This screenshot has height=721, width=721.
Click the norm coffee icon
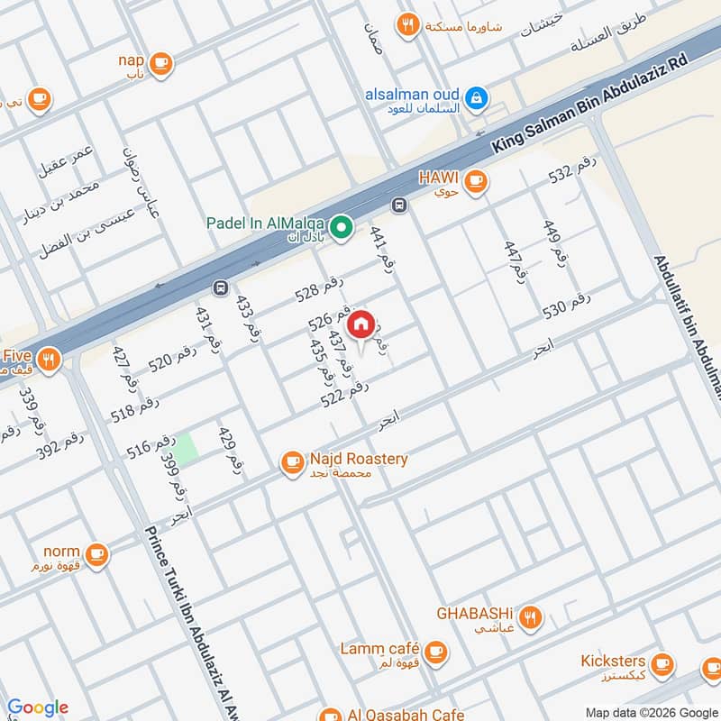(x=97, y=554)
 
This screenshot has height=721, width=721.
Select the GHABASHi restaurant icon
(x=533, y=618)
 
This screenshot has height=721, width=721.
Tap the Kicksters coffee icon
(x=662, y=665)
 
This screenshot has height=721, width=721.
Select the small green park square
(x=186, y=450)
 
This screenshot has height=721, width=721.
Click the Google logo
(x=37, y=707)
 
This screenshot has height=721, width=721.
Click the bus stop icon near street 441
(x=399, y=204)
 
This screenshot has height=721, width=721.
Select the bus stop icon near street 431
(x=219, y=287)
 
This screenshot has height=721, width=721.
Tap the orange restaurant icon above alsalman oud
(x=409, y=25)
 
